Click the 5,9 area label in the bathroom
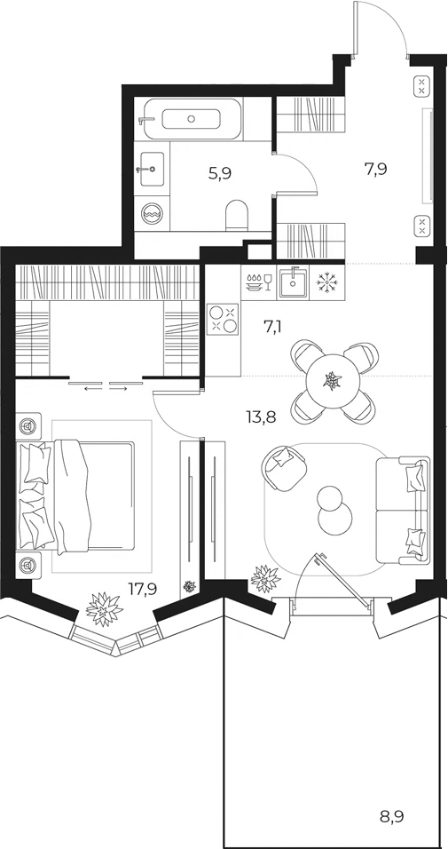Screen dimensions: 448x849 (x=220, y=174)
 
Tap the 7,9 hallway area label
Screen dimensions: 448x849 (x=376, y=170)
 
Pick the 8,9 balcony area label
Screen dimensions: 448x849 (x=393, y=816)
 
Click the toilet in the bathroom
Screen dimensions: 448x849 (x=237, y=215)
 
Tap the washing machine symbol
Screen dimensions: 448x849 (x=152, y=214)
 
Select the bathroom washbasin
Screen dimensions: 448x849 (x=152, y=169)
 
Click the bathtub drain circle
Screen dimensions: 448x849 (x=191, y=119)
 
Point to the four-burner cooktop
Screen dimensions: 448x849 (x=223, y=320)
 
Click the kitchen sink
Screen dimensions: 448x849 (x=293, y=282)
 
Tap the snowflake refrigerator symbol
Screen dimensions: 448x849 (x=326, y=282)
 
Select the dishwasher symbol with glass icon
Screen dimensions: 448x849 (x=258, y=282)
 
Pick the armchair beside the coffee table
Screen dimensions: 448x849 (x=284, y=466)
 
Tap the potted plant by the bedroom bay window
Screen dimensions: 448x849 (x=104, y=609)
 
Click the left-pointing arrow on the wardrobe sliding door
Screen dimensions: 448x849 (x=93, y=387)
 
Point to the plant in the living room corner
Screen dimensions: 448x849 (x=265, y=578)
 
